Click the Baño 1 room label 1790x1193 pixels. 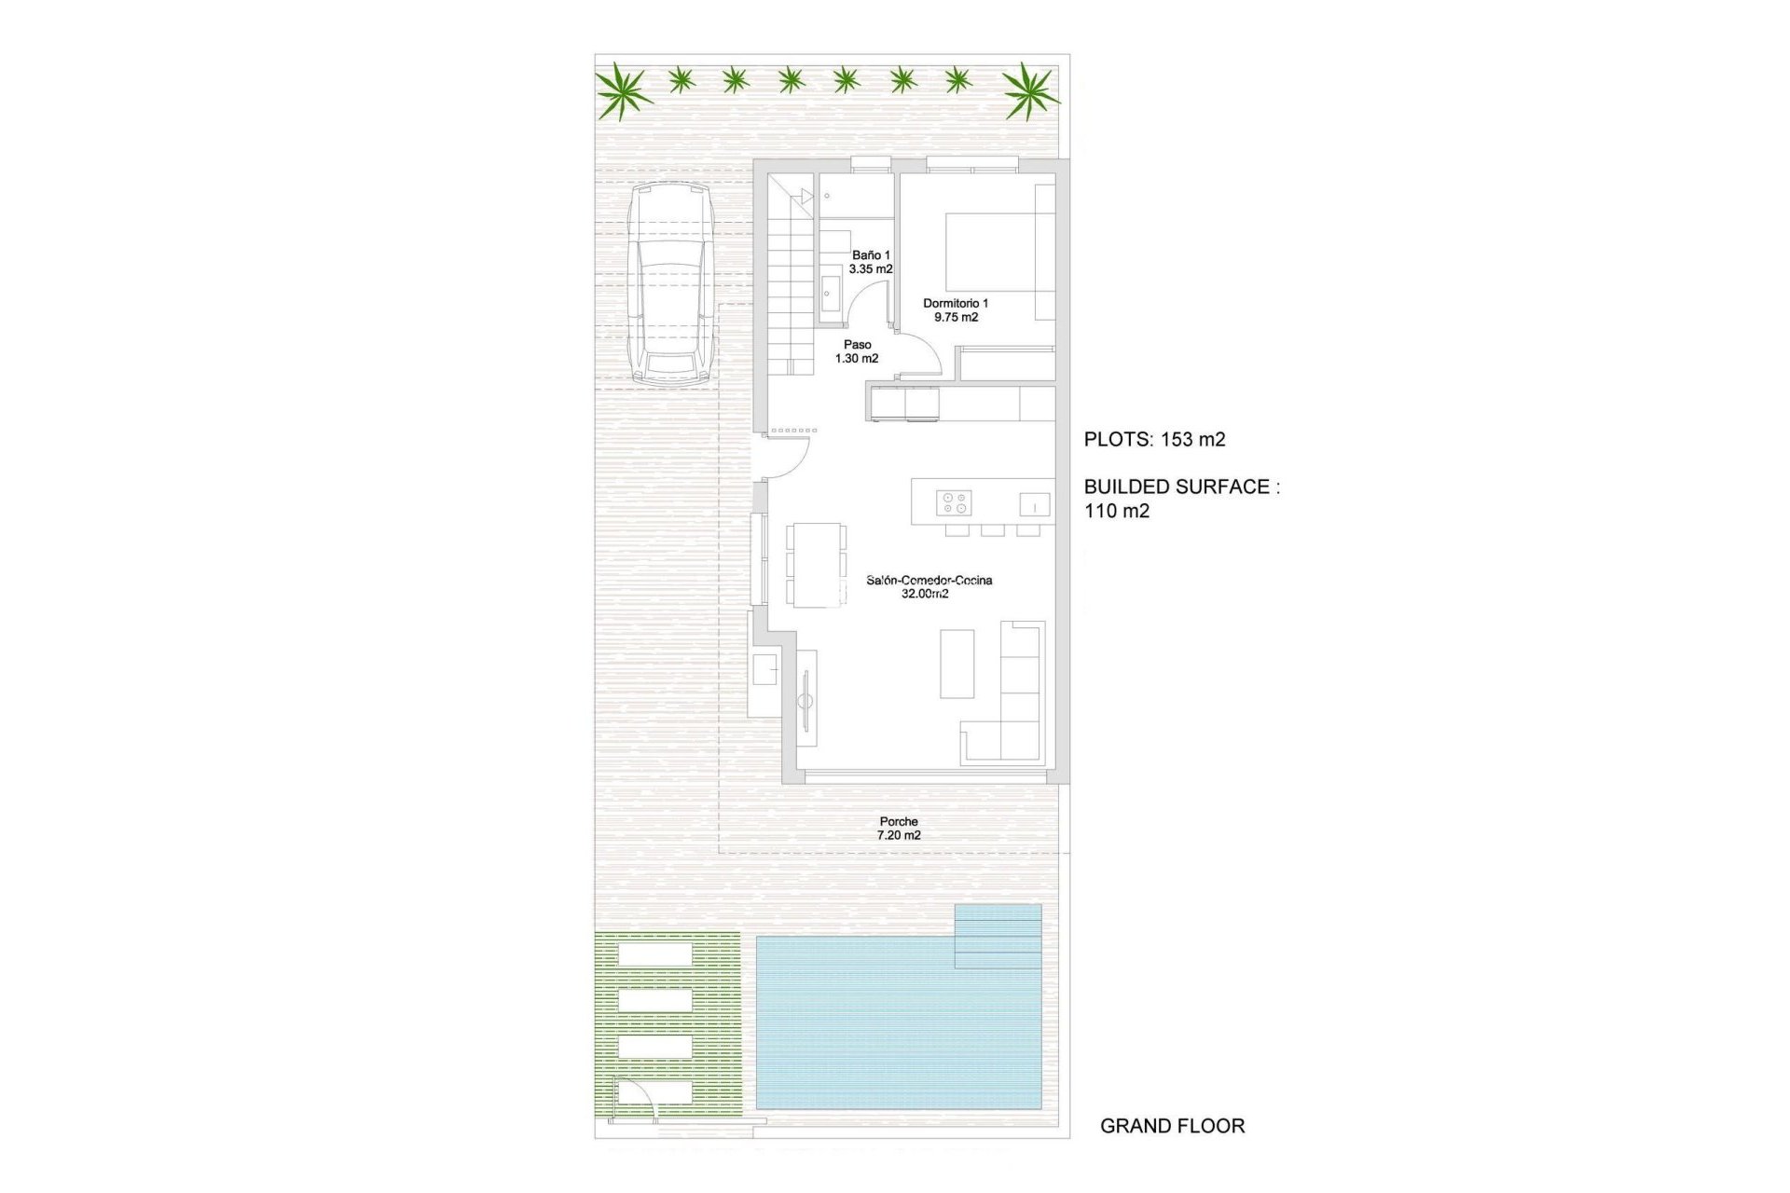[x=871, y=262]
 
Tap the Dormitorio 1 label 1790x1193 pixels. [x=956, y=310]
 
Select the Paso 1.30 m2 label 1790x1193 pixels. [x=857, y=351]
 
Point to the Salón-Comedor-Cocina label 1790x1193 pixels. [x=929, y=586]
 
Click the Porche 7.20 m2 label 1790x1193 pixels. [x=899, y=829]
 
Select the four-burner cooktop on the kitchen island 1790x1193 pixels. [x=955, y=502]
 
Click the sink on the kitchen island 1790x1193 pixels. [x=1034, y=504]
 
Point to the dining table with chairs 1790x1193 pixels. [x=817, y=564]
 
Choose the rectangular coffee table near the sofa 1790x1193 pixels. [x=957, y=664]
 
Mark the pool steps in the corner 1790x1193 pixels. [x=998, y=936]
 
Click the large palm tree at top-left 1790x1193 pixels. [x=623, y=90]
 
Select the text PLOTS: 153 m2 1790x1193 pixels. [x=1154, y=440]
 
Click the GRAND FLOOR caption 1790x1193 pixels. [x=1172, y=1126]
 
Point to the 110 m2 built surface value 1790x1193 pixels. [x=1117, y=511]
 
